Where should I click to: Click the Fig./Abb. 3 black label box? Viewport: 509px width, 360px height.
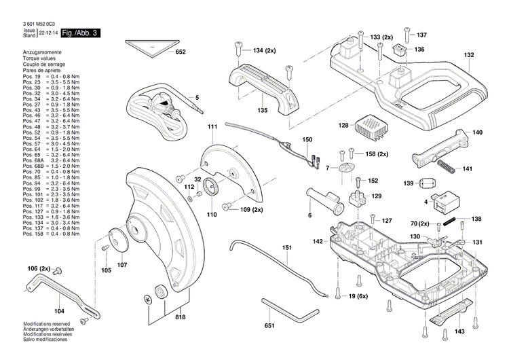(80, 33)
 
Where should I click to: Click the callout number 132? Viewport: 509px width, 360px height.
(469, 56)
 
